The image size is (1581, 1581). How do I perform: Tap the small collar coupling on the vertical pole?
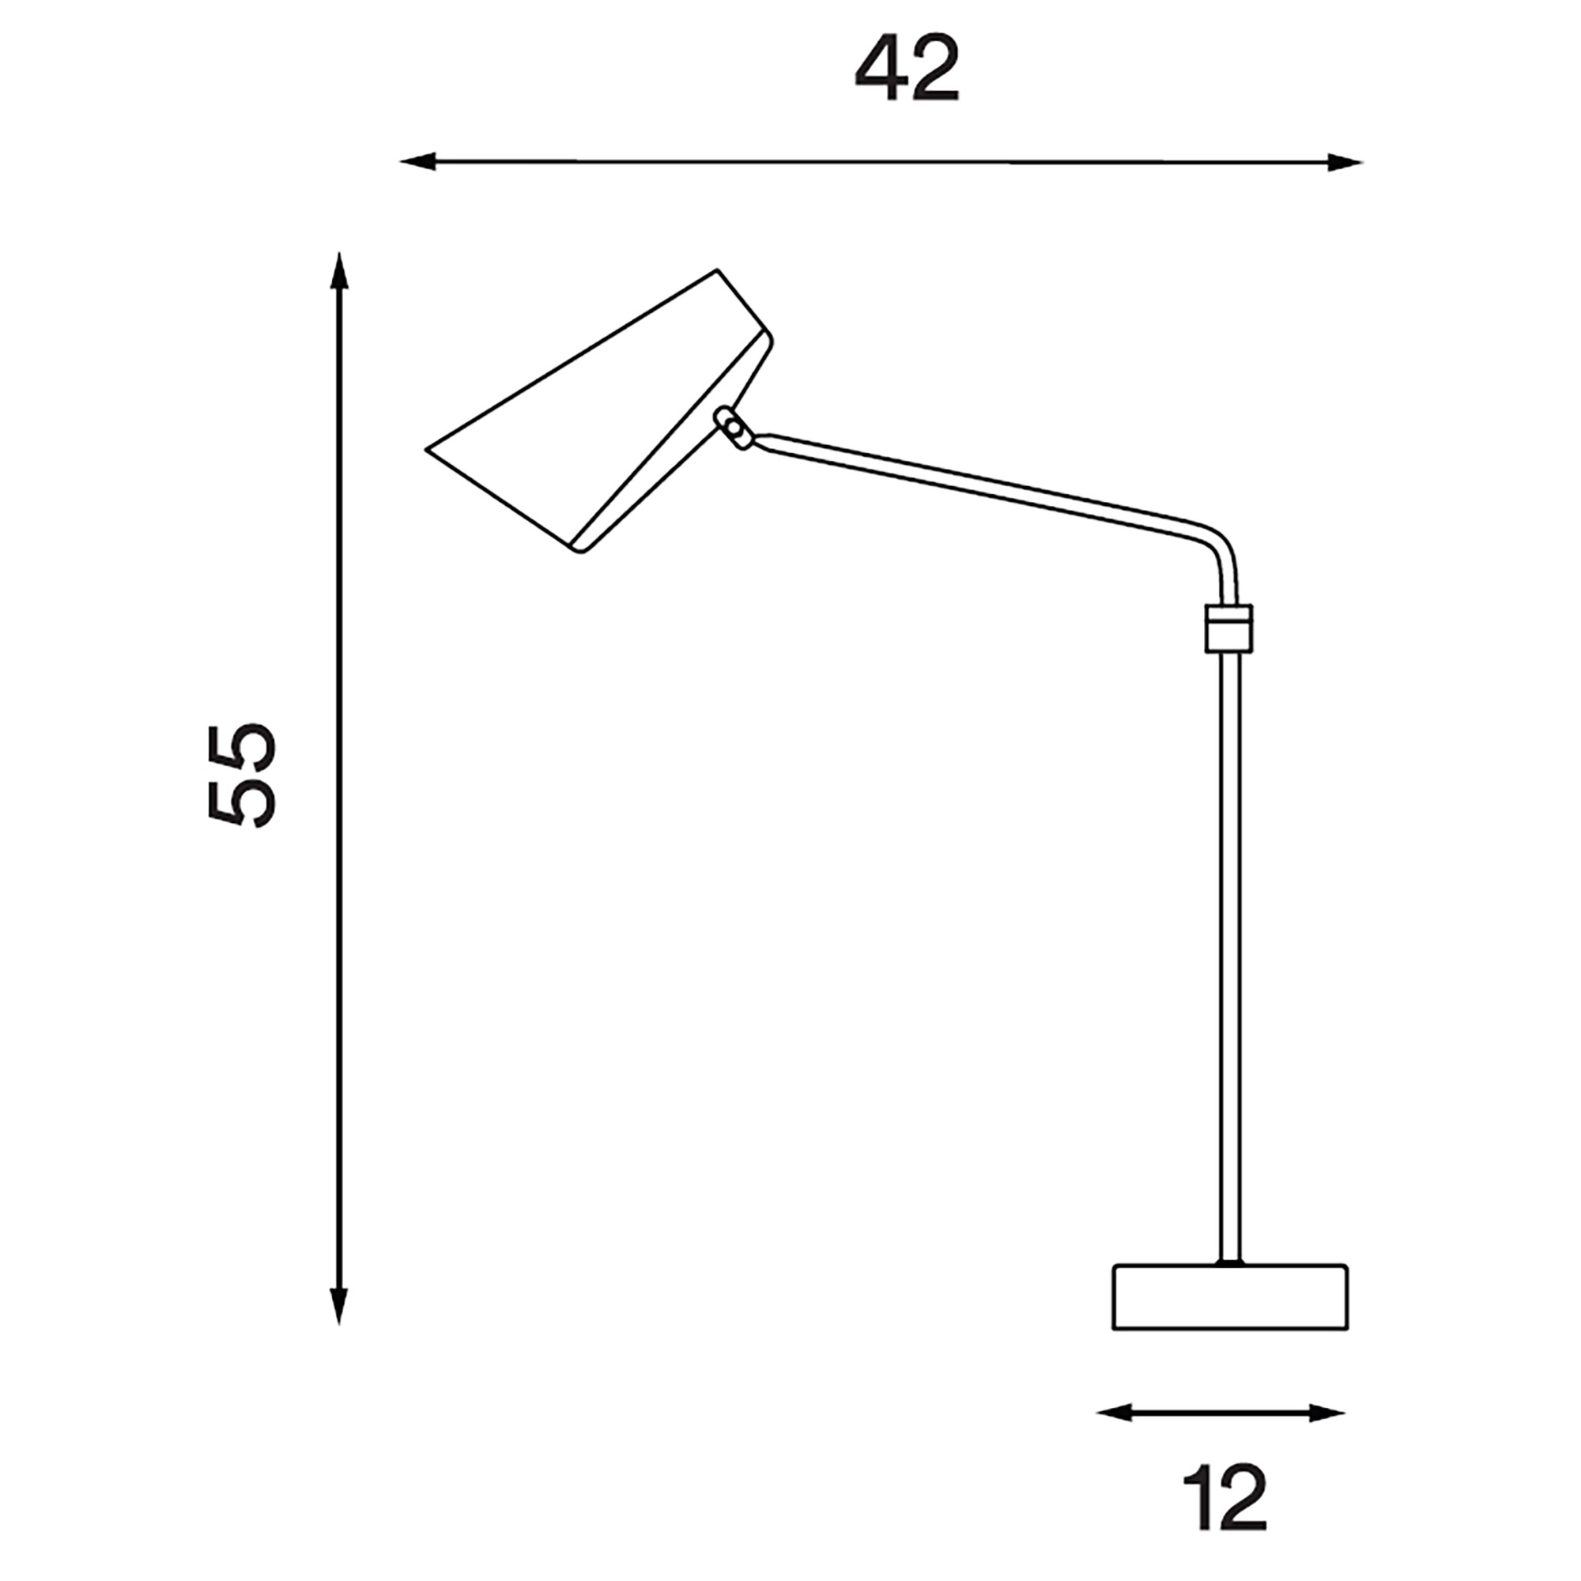pyautogui.click(x=1228, y=628)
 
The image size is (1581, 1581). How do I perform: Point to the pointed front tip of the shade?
pyautogui.click(x=427, y=449)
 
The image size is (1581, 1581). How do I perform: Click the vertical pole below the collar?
pyautogui.click(x=1228, y=941)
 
